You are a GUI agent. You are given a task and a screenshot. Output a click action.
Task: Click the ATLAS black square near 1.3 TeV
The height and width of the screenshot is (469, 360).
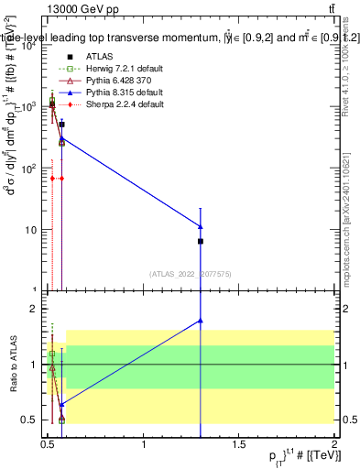tap(201, 241)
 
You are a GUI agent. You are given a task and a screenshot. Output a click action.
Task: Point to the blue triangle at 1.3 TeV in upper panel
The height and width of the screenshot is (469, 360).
tap(201, 226)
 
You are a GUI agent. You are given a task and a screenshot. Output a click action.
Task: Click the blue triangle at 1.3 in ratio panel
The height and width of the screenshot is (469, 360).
tap(201, 321)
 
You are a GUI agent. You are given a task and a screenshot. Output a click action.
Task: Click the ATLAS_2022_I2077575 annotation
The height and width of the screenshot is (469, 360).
tap(189, 273)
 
